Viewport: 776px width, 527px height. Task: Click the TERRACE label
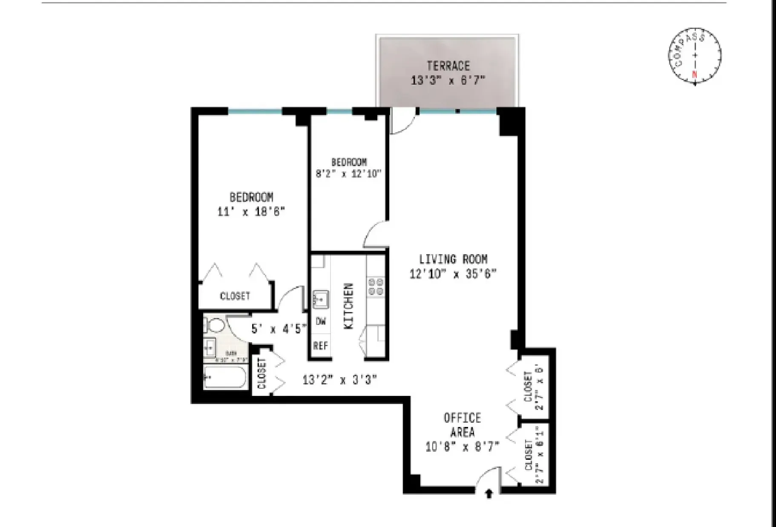[x=448, y=66]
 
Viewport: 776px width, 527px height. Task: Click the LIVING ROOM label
[x=453, y=259]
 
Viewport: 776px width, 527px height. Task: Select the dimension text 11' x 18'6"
[x=251, y=212]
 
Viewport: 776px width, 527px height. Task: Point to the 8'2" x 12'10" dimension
[x=349, y=174]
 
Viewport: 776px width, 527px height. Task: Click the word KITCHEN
[x=348, y=306]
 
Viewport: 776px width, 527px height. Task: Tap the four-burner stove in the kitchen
[x=376, y=286]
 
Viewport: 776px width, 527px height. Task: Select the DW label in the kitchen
[x=321, y=322]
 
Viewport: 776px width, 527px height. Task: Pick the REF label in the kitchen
[x=321, y=345]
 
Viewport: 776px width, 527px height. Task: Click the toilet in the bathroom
[x=216, y=326]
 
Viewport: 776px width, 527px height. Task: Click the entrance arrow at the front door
[x=489, y=493]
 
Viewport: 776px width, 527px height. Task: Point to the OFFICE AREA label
[x=463, y=424]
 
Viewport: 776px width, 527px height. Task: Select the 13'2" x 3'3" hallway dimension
[x=339, y=379]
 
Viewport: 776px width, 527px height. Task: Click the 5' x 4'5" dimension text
[x=279, y=329]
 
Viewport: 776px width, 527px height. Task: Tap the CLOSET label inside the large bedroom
[x=235, y=296]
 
